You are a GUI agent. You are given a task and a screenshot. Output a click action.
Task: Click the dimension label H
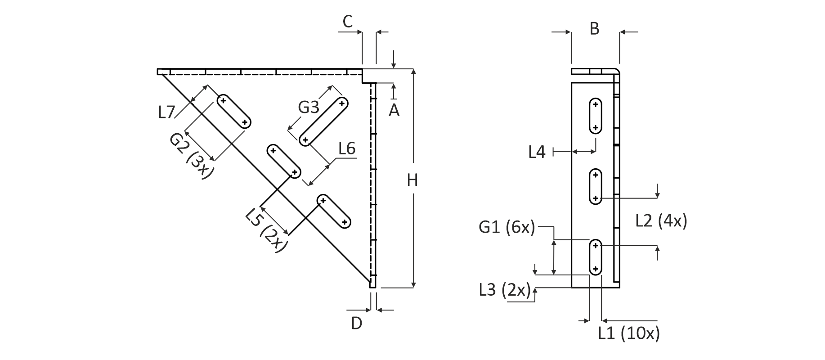412,180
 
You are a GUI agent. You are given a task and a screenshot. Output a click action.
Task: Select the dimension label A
394,110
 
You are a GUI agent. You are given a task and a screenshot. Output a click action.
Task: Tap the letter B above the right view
594,29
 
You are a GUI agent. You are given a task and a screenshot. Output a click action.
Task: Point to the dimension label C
348,22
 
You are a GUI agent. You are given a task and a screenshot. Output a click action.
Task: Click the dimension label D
356,323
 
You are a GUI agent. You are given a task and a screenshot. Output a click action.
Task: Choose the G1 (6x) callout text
507,227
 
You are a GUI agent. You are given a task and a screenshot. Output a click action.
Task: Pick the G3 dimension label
309,108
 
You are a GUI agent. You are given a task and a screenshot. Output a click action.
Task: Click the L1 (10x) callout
629,333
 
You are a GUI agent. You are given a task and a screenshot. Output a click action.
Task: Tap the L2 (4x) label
661,221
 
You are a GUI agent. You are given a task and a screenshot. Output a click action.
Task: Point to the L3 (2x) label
505,289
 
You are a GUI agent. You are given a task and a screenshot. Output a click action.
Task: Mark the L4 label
537,153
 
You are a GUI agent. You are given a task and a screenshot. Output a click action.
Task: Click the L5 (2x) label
267,229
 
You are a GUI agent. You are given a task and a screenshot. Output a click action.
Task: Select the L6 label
347,148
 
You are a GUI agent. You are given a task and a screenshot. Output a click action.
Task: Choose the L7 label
166,112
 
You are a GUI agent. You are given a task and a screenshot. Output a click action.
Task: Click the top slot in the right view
595,116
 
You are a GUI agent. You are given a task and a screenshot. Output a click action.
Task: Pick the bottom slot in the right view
595,257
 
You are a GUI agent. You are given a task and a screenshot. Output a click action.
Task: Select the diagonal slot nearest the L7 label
234,112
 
